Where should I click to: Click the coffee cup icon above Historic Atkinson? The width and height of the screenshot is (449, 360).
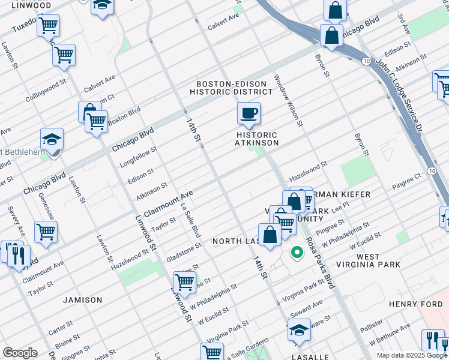point(248,112)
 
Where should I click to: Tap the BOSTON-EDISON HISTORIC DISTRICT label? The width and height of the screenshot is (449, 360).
point(231,88)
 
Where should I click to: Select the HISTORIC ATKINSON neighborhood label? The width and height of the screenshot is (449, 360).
point(257,139)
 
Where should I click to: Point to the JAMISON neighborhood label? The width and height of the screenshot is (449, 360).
point(82,299)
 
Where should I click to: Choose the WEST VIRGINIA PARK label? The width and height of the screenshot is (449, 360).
point(367,261)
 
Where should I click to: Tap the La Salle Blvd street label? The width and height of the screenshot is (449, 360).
point(190,220)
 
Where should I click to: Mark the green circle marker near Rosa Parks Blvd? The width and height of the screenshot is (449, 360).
point(296,253)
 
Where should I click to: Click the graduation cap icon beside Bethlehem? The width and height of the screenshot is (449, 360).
point(52,139)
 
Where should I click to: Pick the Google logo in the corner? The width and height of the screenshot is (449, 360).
point(20,353)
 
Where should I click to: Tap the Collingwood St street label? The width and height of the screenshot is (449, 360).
point(46,91)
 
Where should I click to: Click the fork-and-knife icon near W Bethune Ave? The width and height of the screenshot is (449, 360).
point(432,340)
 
